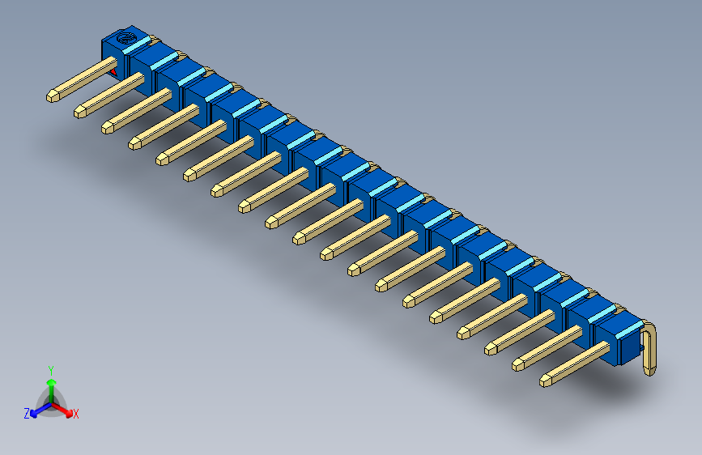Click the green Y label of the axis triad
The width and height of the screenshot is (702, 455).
[50, 368]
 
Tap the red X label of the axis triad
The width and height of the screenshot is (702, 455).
[76, 415]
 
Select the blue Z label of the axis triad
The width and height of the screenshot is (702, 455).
[27, 414]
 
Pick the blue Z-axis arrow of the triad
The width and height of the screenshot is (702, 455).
[37, 410]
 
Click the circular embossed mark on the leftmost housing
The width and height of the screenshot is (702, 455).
[125, 38]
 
